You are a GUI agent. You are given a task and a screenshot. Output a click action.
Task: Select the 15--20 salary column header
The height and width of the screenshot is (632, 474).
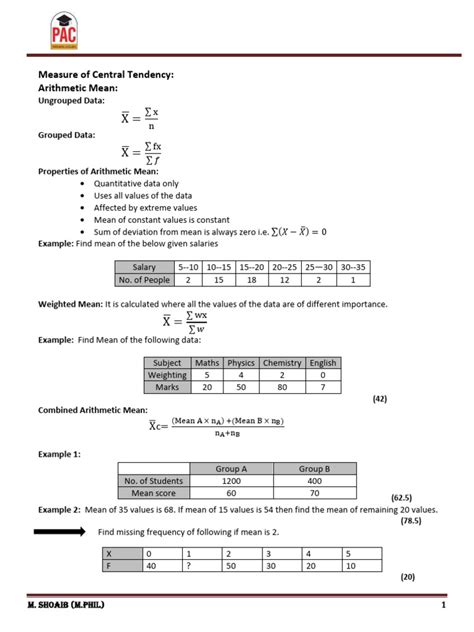pos(253,267)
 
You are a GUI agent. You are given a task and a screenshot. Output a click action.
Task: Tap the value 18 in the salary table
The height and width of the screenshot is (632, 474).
pos(253,280)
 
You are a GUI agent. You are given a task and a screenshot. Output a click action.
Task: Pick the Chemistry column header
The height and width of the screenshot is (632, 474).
pos(282,362)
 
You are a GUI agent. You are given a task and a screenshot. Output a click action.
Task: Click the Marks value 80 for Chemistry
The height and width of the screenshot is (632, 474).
pos(282,387)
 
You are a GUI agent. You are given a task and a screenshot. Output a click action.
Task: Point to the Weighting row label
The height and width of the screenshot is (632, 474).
pos(167,375)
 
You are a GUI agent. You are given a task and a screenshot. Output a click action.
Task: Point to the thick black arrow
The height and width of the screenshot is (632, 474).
pos(62,533)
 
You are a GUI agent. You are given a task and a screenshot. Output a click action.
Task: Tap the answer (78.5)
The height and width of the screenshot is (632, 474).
pos(411,521)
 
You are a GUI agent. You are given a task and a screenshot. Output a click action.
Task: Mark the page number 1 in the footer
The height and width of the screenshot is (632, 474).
pos(442,607)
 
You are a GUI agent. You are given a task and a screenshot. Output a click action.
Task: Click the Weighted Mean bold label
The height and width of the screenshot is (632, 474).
pos(72,303)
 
